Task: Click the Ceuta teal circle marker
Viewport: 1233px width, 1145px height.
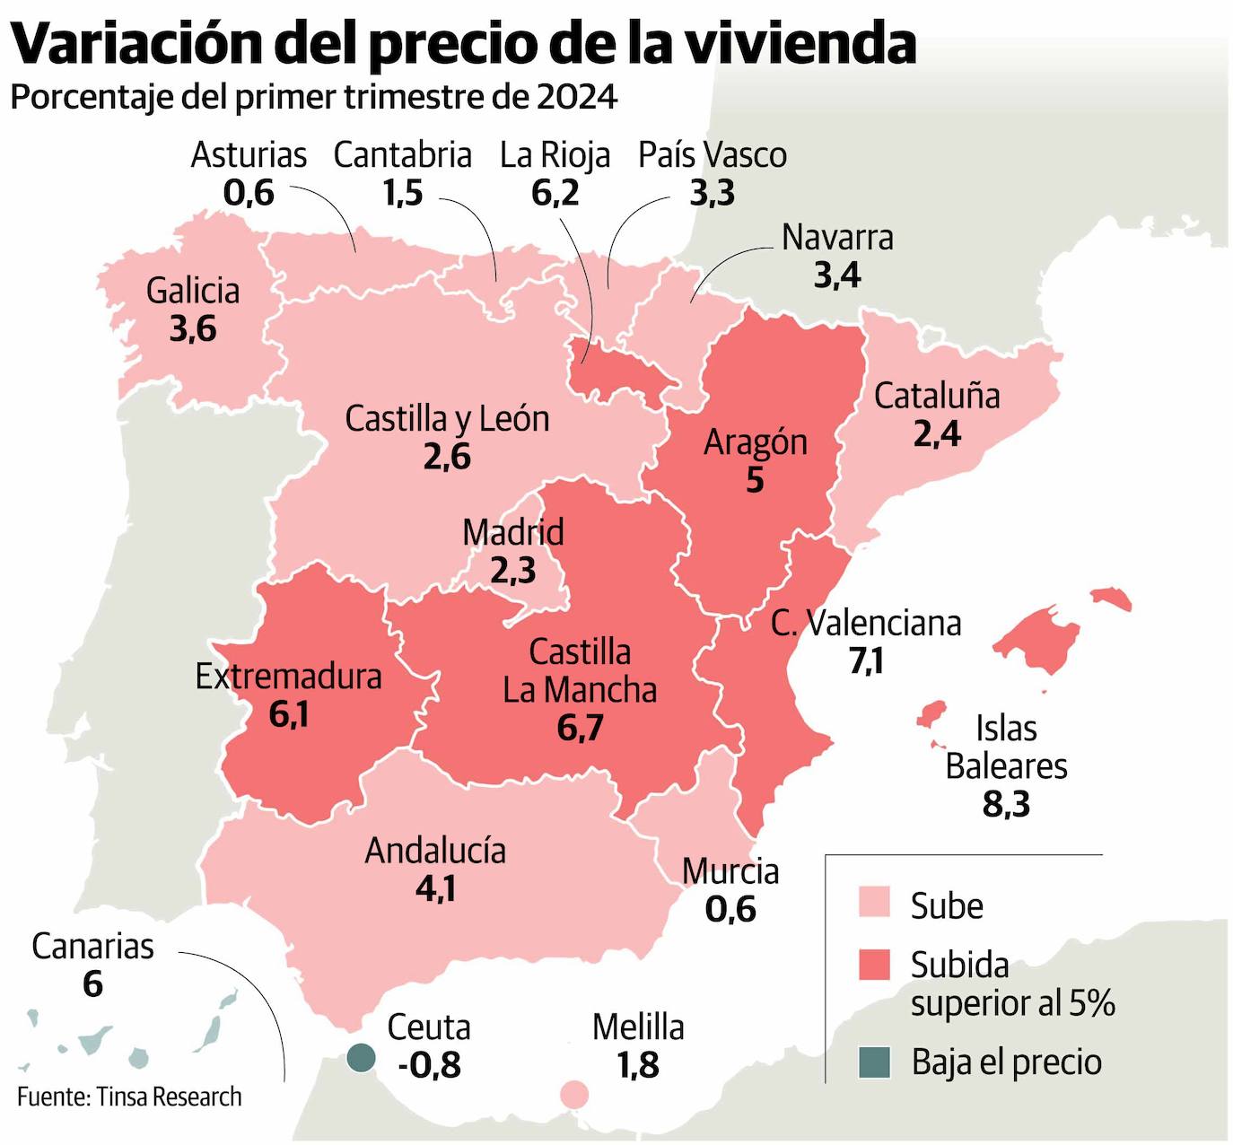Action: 362,1058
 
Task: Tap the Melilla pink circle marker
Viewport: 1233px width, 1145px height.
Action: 574,1095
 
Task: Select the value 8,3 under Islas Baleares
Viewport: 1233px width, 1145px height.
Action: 1006,804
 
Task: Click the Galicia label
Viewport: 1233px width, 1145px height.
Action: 193,291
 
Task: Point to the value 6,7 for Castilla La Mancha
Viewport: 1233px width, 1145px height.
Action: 580,728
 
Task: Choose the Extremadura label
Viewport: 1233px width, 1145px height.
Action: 288,676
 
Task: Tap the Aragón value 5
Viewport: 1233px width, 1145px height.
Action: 755,480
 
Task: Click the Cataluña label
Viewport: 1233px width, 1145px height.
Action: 937,396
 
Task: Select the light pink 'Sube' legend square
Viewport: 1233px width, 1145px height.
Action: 874,904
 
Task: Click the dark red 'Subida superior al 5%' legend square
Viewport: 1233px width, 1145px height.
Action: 874,965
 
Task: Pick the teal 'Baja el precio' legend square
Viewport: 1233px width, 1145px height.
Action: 874,1062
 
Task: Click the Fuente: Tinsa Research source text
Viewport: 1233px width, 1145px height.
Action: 129,1097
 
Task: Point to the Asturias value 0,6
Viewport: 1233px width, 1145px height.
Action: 249,193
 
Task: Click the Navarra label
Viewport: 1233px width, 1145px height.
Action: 837,238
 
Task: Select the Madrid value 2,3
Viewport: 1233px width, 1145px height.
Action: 513,570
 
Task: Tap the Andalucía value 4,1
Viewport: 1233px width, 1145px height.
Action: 435,888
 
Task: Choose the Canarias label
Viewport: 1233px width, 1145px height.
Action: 92,946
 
